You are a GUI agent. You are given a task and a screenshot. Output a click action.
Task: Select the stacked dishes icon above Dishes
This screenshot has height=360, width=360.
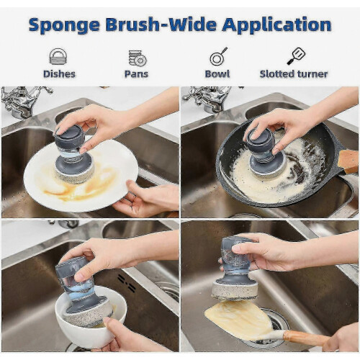pos(58,56)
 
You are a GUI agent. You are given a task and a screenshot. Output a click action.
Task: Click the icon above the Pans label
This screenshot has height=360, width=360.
pos(138,58)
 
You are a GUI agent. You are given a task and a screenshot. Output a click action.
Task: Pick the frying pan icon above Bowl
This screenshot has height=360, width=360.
pos(218,56)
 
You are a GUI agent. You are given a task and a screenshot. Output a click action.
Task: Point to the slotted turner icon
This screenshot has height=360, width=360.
pos(295,56)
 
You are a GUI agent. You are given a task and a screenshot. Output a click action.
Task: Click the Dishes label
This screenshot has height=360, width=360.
pos(59,74)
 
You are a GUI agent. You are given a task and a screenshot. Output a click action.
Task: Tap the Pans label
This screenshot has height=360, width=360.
pos(136,74)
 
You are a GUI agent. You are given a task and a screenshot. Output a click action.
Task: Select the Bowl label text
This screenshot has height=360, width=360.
pos(217,74)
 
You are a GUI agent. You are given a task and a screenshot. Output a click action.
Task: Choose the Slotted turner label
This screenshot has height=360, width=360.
pos(294,74)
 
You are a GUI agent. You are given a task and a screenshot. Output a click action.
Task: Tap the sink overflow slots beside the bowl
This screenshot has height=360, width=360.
pos(127,283)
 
